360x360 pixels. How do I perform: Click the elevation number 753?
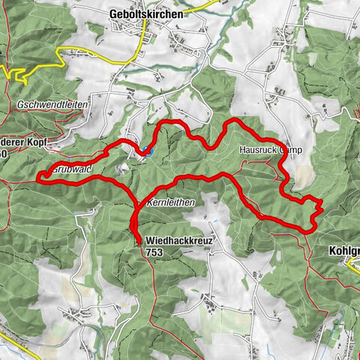point(154,253)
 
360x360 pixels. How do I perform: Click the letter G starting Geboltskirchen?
point(113,13)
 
